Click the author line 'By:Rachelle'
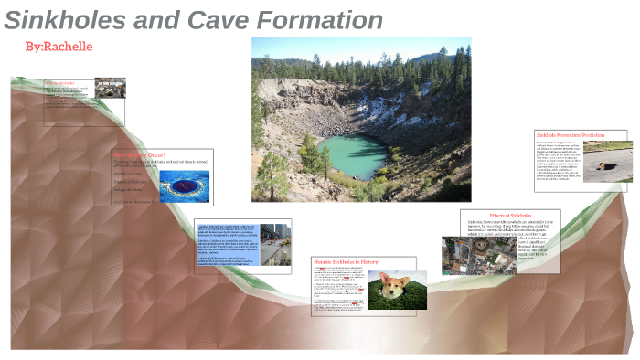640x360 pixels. coord(59,47)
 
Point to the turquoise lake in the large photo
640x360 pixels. coord(353,154)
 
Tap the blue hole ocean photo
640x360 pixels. coord(184,186)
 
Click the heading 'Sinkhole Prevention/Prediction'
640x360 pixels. coord(582,135)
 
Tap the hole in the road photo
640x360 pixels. coord(605,162)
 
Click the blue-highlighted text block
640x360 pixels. coord(228,242)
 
